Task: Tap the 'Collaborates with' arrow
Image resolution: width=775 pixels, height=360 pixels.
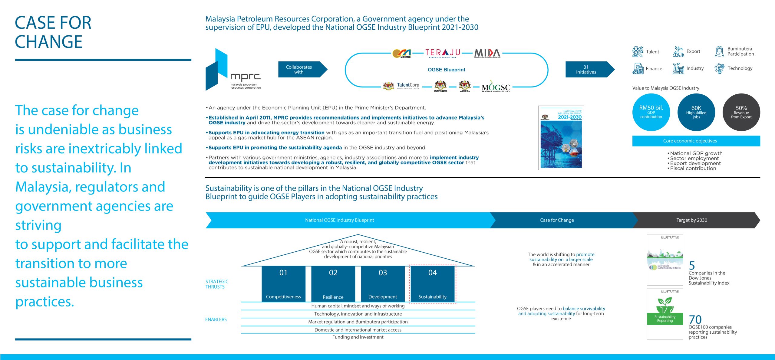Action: (x=302, y=70)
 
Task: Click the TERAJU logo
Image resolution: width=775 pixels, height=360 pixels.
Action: (x=443, y=53)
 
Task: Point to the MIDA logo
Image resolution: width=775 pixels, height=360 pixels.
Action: (x=487, y=53)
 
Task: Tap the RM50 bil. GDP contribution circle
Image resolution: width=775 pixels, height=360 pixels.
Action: (x=651, y=112)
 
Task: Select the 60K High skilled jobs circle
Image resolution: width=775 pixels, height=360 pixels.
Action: (x=696, y=112)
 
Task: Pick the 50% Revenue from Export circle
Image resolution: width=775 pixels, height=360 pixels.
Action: (x=741, y=112)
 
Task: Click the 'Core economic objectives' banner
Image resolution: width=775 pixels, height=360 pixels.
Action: (x=696, y=141)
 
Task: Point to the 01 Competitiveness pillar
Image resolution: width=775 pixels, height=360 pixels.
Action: (x=283, y=284)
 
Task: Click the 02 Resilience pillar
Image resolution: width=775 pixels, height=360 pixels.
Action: (x=333, y=284)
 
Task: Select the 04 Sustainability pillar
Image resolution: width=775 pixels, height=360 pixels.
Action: (x=432, y=284)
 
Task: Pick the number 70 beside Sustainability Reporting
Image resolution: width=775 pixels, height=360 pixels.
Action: (x=695, y=319)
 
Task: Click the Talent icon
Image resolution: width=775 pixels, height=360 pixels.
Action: (x=638, y=52)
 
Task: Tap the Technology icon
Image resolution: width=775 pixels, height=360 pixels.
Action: (x=719, y=69)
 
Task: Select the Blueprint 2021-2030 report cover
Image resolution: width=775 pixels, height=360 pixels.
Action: (x=561, y=138)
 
